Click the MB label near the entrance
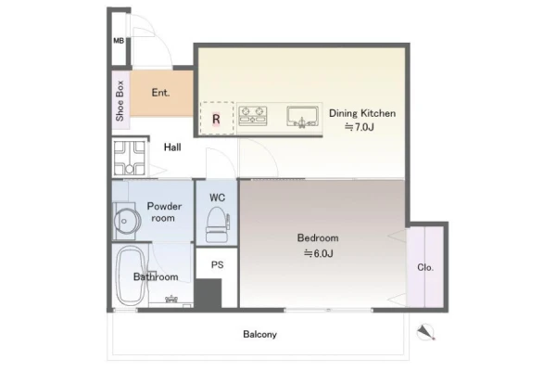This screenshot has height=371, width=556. (119, 41)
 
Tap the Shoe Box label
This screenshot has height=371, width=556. (120, 101)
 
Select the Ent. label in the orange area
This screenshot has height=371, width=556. (160, 93)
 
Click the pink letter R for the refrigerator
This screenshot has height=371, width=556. (216, 119)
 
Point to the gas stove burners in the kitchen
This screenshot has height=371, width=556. (253, 116)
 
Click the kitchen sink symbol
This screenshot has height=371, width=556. (302, 117)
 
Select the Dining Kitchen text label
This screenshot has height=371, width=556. (362, 113)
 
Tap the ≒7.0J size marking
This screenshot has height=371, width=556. (360, 127)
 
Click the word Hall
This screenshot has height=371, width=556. (172, 147)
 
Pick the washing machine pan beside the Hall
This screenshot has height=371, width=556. (130, 158)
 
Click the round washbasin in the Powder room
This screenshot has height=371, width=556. (125, 221)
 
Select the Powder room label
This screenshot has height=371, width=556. (164, 212)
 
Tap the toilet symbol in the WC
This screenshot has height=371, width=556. (218, 224)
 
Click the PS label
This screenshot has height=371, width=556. (218, 264)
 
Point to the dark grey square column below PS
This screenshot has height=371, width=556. (208, 293)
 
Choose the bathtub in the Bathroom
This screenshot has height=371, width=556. (130, 276)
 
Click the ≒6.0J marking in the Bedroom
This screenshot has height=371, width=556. (319, 253)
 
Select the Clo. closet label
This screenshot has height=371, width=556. (425, 267)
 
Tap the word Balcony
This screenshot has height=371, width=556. (259, 335)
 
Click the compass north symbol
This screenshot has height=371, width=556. (425, 332)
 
